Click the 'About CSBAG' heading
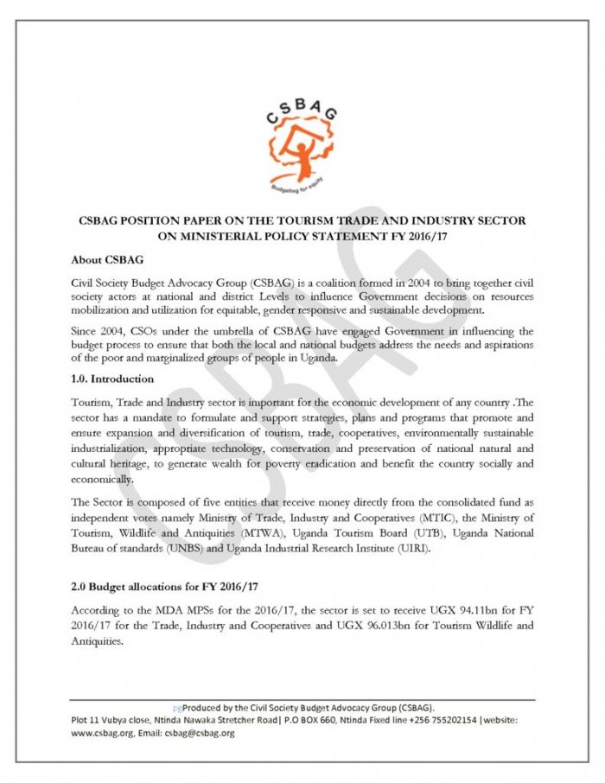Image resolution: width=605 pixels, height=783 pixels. coord(105,259)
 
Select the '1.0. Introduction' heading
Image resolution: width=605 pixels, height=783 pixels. coord(112,379)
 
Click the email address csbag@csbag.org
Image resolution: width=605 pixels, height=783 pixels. coord(204,733)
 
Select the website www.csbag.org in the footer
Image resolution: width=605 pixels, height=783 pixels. coord(103,733)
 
